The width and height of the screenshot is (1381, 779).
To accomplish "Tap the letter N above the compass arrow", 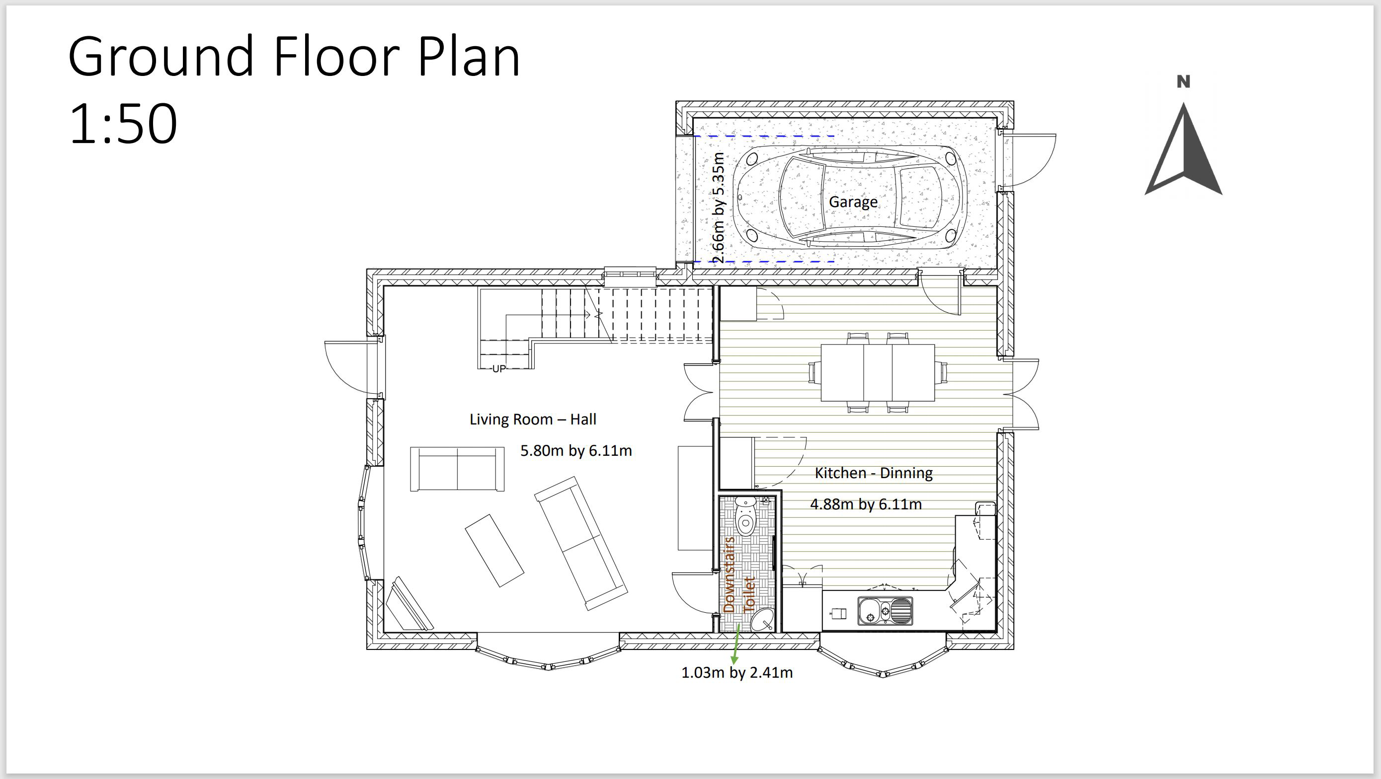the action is pos(1183,82).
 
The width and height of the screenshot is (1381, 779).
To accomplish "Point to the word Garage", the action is pos(853,202).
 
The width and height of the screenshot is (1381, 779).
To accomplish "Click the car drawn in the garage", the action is pos(851,197).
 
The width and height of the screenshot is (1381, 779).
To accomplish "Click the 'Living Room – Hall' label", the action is pos(533,419).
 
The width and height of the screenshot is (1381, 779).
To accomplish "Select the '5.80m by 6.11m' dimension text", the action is pos(576,451).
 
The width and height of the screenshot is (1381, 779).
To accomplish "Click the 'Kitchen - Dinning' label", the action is pos(874,473).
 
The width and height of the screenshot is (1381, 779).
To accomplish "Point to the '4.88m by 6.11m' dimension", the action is pos(866,504).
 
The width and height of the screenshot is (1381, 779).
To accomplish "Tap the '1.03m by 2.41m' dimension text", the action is pos(736,672).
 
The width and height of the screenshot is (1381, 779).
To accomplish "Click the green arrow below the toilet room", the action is pos(736,644).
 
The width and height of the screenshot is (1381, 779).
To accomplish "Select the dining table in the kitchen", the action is pos(878,373).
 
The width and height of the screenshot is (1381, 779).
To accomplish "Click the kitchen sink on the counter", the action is pos(885,611).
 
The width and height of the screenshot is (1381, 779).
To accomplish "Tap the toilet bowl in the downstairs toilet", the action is pos(745,517).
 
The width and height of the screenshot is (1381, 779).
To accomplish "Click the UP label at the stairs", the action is pos(498,368).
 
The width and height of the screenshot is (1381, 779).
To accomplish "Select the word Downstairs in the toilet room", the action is pos(729,574).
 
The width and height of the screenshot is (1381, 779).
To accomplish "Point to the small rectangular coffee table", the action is pos(494,551).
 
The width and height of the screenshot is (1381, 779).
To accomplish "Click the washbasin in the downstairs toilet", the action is pos(762,621).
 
